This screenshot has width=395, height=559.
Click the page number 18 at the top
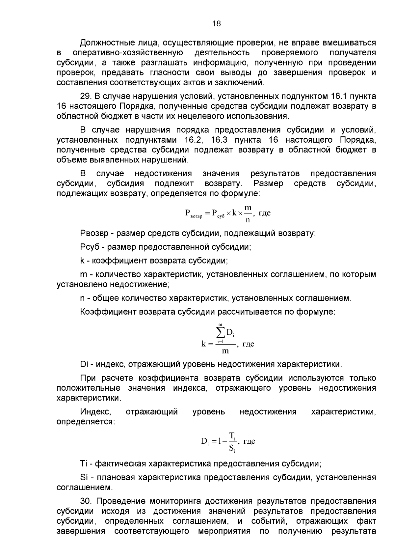pos(216,24)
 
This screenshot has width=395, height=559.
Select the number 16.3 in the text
pos(219,140)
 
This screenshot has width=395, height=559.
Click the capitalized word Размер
pos(268,183)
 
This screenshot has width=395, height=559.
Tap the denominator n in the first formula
pos(248,219)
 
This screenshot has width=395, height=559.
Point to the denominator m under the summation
pos(225,351)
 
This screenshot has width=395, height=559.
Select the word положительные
pos(88,388)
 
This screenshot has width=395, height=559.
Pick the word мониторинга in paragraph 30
pos(175,502)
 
